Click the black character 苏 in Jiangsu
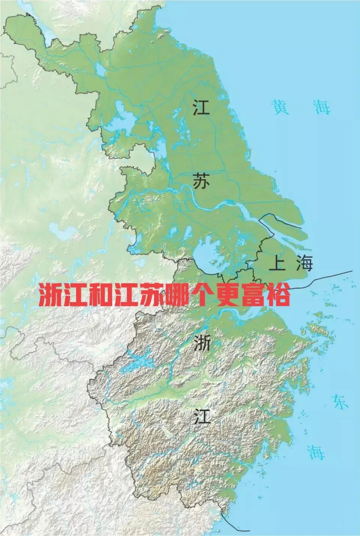[201, 181]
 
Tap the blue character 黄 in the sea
[280, 107]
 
